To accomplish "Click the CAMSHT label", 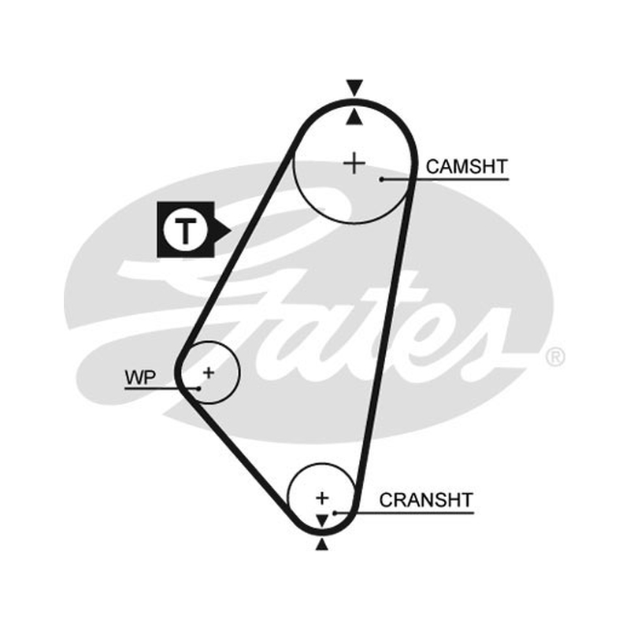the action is pyautogui.click(x=467, y=167).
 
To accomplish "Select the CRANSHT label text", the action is pyautogui.click(x=426, y=500).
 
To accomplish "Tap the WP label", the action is pyautogui.click(x=140, y=377).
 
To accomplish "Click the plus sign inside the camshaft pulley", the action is pyautogui.click(x=354, y=164).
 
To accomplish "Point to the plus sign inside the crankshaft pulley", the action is pyautogui.click(x=322, y=498).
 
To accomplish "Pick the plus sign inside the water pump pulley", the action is pyautogui.click(x=209, y=372).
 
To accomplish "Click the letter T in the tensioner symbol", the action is pyautogui.click(x=185, y=231).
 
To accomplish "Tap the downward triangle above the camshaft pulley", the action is pyautogui.click(x=355, y=87).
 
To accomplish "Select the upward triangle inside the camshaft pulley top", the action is pyautogui.click(x=354, y=117).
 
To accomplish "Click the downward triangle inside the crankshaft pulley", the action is pyautogui.click(x=322, y=521).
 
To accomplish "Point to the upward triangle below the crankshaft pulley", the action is pyautogui.click(x=322, y=544).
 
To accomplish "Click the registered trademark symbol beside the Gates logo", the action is pyautogui.click(x=556, y=357).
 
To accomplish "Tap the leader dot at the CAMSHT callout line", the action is pyautogui.click(x=382, y=180).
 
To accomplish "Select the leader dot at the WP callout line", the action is pyautogui.click(x=198, y=388).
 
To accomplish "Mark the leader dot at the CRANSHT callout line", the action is pyautogui.click(x=335, y=513).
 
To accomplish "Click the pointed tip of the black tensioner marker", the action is pyautogui.click(x=231, y=231).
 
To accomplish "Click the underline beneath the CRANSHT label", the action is pyautogui.click(x=404, y=513).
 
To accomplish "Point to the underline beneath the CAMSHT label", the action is pyautogui.click(x=445, y=180).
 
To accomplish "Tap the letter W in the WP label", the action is pyautogui.click(x=134, y=377).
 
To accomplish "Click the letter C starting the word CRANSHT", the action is pyautogui.click(x=386, y=500).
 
